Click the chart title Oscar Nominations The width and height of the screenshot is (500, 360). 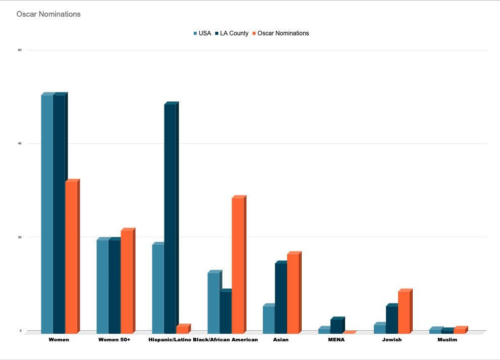tap(48, 14)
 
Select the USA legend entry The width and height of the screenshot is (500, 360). tap(202, 33)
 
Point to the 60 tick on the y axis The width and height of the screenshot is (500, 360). tap(20, 50)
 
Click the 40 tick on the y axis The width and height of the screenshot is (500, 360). tap(20, 143)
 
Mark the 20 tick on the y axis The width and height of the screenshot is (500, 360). tap(20, 237)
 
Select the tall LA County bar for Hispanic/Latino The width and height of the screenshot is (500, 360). tap(170, 217)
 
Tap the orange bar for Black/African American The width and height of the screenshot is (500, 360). tap(238, 265)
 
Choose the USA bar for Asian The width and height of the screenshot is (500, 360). tap(268, 319)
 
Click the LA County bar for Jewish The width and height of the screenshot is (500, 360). tap(392, 319)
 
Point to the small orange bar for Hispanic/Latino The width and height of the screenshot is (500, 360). tap(182, 329)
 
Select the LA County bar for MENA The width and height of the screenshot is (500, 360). tap(337, 326)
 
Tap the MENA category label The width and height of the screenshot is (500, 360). tap(336, 340)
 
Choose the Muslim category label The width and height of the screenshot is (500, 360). tap(447, 340)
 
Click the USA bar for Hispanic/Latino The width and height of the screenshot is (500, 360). tap(157, 288)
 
